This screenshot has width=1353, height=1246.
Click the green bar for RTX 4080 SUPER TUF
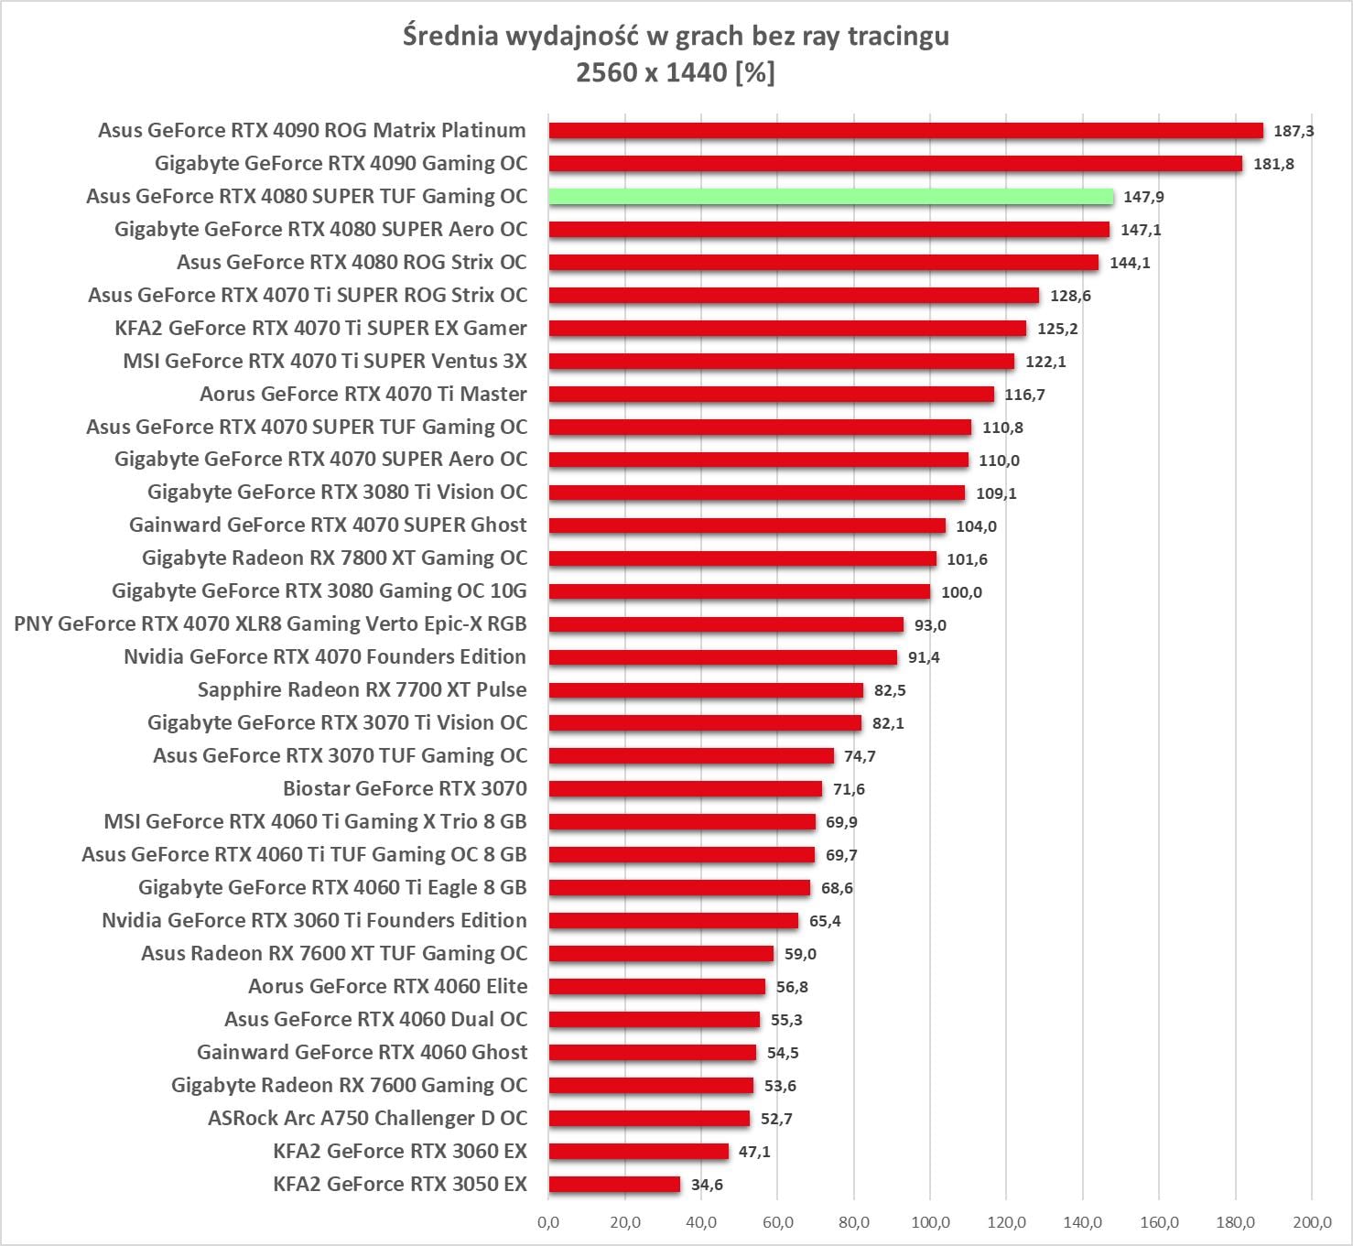coord(831,197)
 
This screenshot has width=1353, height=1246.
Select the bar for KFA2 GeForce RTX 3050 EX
coord(614,1185)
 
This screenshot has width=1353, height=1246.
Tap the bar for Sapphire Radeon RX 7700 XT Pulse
coord(706,690)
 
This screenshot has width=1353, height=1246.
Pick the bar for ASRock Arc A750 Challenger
coord(649,1119)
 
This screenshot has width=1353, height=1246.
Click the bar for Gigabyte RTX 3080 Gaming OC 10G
coord(740,592)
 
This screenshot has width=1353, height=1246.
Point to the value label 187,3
coord(1293,131)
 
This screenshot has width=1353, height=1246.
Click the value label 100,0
coord(961,592)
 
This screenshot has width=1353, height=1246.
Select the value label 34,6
coord(707,1185)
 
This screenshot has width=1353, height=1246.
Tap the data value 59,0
coord(800,954)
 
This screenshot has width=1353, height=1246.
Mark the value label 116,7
coord(1024,395)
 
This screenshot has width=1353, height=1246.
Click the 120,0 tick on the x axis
coord(1006,1222)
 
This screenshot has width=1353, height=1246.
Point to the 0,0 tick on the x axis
coord(548,1222)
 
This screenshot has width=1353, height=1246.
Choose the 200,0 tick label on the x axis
coord(1312,1222)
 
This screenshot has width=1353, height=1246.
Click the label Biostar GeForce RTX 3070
coord(405,788)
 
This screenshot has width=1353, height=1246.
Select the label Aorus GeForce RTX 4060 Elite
coord(387,986)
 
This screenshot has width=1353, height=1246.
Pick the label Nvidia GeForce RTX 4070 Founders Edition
coord(325,656)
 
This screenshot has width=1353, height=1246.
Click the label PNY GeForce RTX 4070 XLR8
coord(270,623)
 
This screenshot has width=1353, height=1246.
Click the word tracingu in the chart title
coord(898,36)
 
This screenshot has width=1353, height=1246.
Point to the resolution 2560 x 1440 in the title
coord(651,71)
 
